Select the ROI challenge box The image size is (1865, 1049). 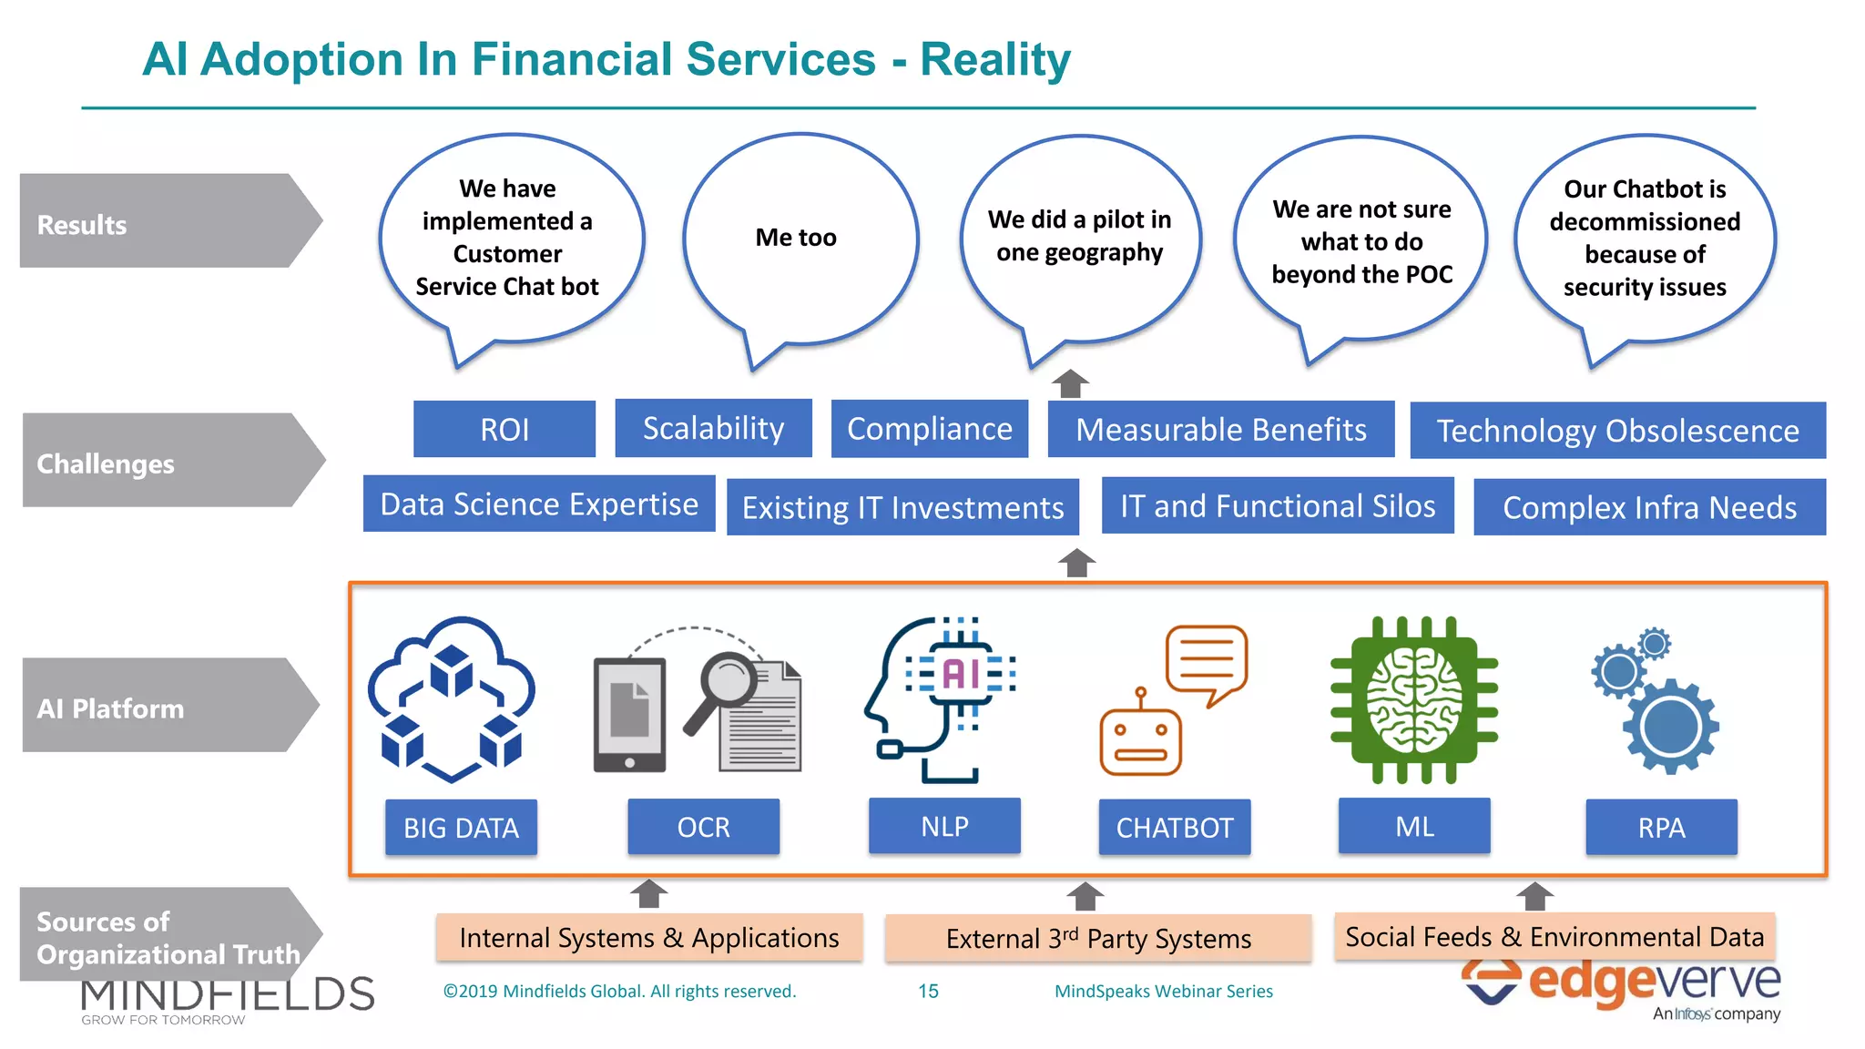tap(504, 429)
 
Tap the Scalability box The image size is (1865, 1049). tap(713, 428)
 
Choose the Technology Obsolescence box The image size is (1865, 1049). tap(1617, 431)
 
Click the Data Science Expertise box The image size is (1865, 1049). tap(539, 504)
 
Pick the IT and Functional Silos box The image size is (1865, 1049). tap(1277, 505)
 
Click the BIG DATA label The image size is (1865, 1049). tap(461, 827)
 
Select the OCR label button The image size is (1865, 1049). tap(703, 827)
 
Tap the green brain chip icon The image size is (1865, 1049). tap(1413, 699)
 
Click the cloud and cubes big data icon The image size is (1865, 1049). tap(452, 699)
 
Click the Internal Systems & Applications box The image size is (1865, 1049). tap(648, 937)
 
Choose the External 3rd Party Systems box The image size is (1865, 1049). tap(1098, 938)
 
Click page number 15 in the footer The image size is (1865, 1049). tap(928, 991)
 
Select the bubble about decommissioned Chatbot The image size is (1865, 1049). tap(1645, 239)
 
